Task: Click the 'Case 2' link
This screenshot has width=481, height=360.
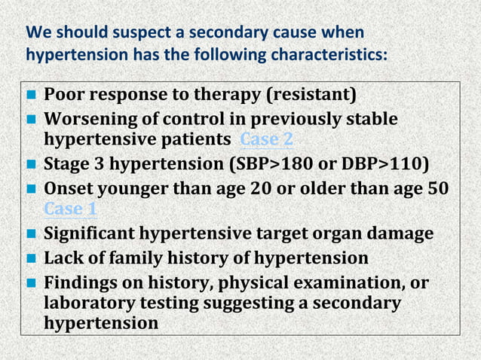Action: (x=266, y=141)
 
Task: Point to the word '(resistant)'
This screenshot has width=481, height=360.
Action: (x=310, y=96)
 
